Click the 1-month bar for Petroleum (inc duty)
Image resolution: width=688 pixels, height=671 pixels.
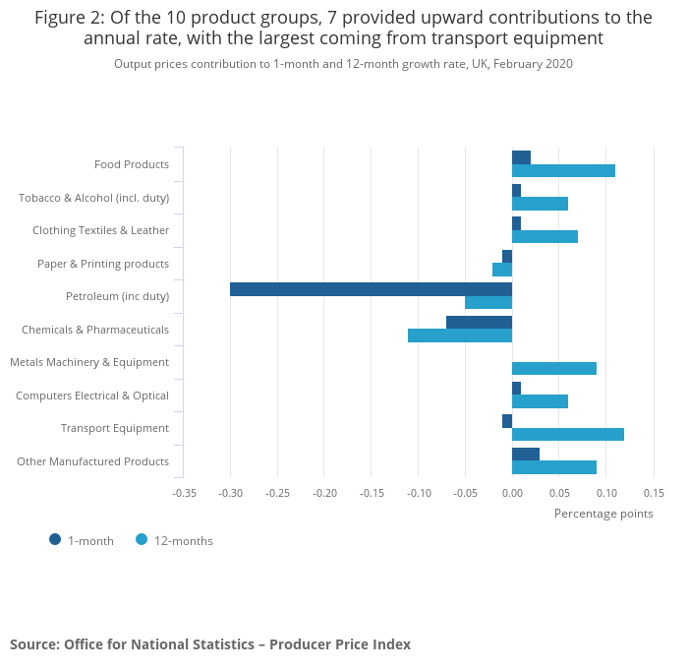point(371,289)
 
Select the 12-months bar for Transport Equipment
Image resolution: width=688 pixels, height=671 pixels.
point(568,434)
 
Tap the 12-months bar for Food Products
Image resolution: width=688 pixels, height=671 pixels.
point(563,170)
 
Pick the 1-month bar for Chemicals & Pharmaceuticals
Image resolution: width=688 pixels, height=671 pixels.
point(479,323)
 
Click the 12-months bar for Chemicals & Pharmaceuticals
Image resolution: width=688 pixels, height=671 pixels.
point(460,335)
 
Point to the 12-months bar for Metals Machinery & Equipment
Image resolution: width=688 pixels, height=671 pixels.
point(554,368)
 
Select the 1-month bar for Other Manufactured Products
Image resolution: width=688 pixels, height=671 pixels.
point(526,454)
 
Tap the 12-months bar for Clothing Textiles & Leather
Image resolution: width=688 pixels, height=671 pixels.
point(545,236)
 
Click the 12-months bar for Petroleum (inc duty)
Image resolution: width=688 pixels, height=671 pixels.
point(488,302)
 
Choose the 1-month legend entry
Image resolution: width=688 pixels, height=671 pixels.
point(83,540)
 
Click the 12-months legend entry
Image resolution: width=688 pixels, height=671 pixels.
point(174,540)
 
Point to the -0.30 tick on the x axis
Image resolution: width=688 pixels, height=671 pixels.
point(230,492)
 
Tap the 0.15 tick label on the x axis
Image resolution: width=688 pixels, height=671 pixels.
point(654,492)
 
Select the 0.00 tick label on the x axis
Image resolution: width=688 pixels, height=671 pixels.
point(512,492)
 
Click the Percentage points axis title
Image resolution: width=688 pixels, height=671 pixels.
point(603,513)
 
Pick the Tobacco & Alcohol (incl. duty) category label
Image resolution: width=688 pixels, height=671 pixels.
point(94,198)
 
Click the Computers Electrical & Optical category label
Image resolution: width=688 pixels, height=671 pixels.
point(92,396)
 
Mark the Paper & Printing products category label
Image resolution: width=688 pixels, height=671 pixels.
point(103,264)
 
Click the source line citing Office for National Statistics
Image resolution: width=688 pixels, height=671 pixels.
point(210,644)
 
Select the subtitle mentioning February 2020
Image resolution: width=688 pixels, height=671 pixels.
point(343,64)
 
